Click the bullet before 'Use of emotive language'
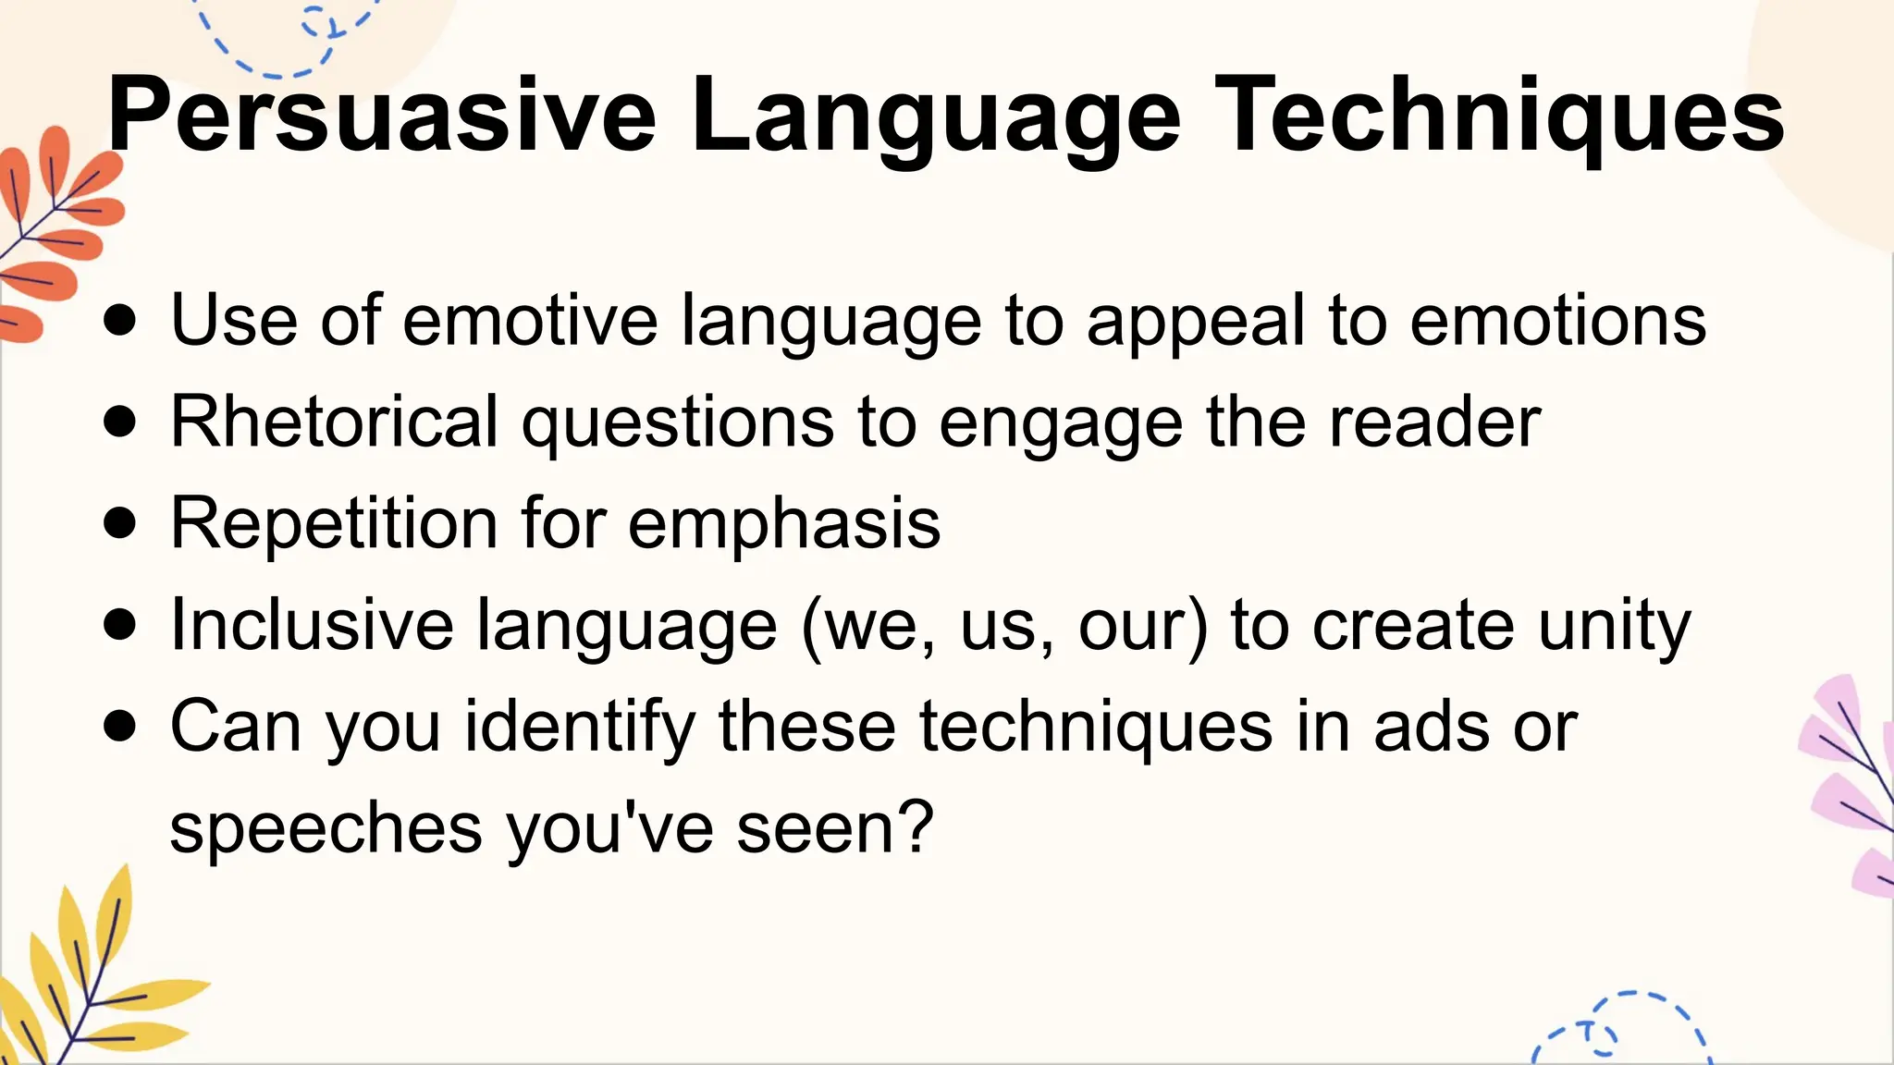[x=120, y=321]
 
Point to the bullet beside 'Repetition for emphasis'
[x=120, y=523]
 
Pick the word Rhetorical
[x=335, y=422]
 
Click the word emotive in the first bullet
[x=530, y=321]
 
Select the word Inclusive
[x=312, y=625]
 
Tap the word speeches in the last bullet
[x=326, y=829]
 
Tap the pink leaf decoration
[x=1850, y=786]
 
